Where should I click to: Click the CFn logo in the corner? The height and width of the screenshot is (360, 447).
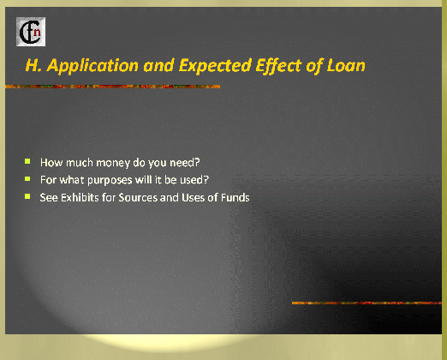coord(31,32)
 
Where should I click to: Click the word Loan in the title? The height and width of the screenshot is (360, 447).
coord(346,65)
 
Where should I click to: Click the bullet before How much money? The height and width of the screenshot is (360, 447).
coord(27,161)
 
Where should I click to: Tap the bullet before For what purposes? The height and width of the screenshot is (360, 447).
coord(27,179)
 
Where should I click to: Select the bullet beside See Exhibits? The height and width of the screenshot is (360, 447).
coord(27,196)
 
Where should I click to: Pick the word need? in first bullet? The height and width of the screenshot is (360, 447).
coord(185,162)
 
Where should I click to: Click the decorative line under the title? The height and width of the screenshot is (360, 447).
coord(113,87)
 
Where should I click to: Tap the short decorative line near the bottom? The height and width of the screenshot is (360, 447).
coord(367,303)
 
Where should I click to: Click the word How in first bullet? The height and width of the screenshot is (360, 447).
coord(51,162)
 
